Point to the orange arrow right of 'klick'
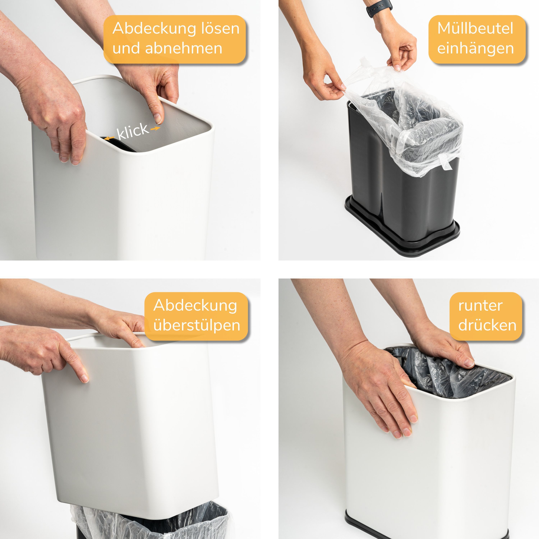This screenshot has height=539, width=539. pos(155,129)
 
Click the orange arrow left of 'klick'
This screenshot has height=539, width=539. pos(109,138)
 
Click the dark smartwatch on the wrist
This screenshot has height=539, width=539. pos(379,8)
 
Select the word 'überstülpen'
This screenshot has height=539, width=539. pos(197,326)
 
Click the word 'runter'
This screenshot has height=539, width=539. pos(480,306)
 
